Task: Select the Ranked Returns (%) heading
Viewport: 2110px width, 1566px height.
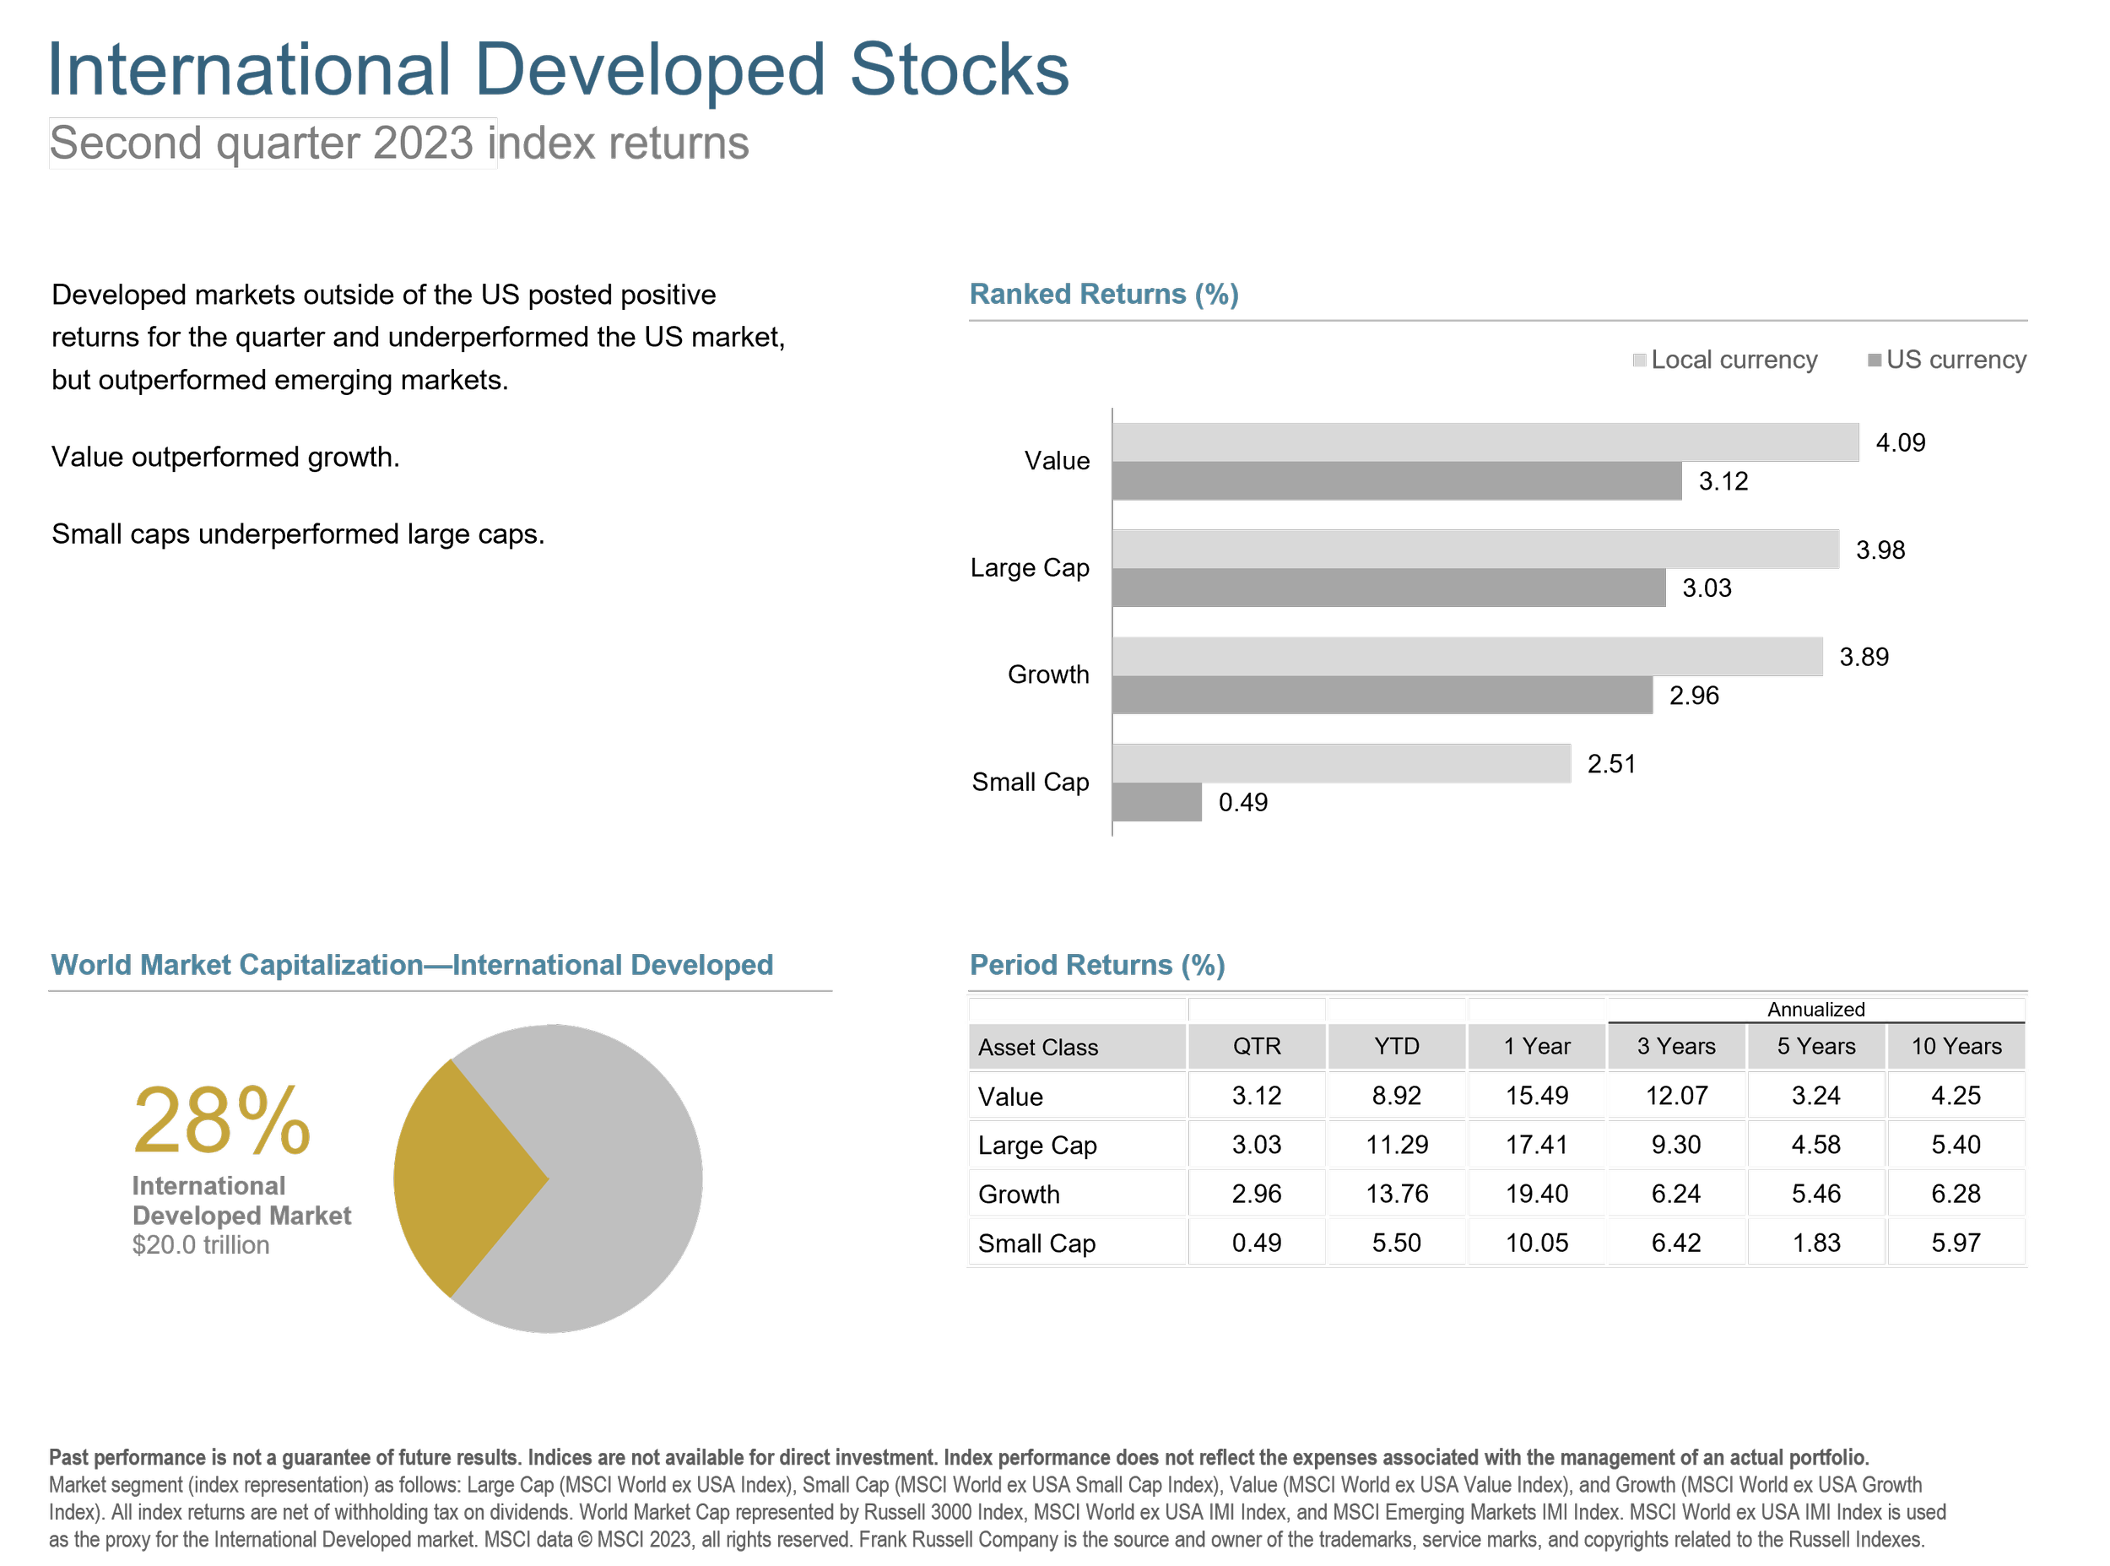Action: [x=1104, y=294]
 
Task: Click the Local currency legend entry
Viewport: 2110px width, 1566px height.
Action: [x=1725, y=360]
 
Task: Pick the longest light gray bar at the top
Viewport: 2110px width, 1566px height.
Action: [x=1485, y=442]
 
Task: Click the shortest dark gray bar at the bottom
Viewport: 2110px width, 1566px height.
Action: [x=1157, y=802]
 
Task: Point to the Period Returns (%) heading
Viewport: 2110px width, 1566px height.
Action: [x=1097, y=965]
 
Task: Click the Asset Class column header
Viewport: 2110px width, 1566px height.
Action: [x=1037, y=1048]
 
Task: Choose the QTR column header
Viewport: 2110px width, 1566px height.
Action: [x=1257, y=1047]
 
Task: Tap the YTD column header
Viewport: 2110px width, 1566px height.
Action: [x=1397, y=1047]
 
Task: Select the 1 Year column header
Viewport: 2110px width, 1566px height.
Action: [x=1537, y=1047]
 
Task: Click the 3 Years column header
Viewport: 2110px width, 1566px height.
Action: [x=1676, y=1047]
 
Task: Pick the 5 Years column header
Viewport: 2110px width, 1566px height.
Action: [x=1816, y=1047]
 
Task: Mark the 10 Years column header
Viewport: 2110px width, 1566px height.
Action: [x=1956, y=1047]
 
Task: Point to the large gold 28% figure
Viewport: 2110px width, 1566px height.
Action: [x=222, y=1121]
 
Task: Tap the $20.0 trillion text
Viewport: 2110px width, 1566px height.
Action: [x=201, y=1244]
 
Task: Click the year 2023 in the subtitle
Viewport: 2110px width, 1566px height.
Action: [x=423, y=144]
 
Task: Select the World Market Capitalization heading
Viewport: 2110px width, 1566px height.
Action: [x=412, y=965]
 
